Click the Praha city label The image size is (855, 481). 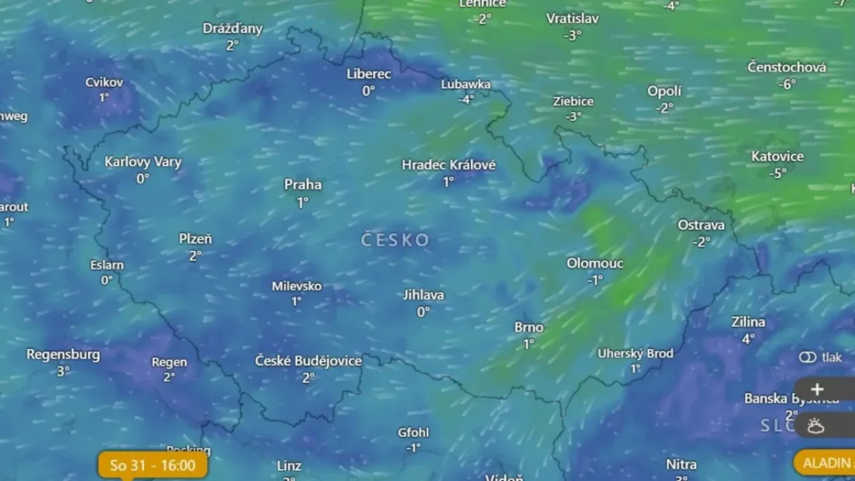(x=303, y=185)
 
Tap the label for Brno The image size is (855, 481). (x=529, y=328)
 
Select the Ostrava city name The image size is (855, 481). (x=701, y=225)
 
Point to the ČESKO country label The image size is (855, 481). (x=395, y=240)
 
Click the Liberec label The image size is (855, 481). (x=368, y=74)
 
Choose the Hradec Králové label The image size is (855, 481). (x=449, y=165)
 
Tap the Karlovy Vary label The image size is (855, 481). (x=143, y=162)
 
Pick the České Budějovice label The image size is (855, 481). (x=309, y=361)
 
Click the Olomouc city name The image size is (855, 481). (x=595, y=264)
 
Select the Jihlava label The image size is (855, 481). (x=423, y=295)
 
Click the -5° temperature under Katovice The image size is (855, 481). (x=777, y=173)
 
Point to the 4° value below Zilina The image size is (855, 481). (x=748, y=339)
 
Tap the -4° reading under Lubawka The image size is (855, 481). (x=466, y=100)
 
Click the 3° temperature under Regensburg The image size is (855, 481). (x=63, y=371)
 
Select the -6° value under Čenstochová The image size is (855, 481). (x=787, y=84)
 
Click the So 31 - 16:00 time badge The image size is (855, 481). (x=152, y=466)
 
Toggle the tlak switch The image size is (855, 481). (x=807, y=357)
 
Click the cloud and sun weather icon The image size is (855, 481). (x=817, y=426)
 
